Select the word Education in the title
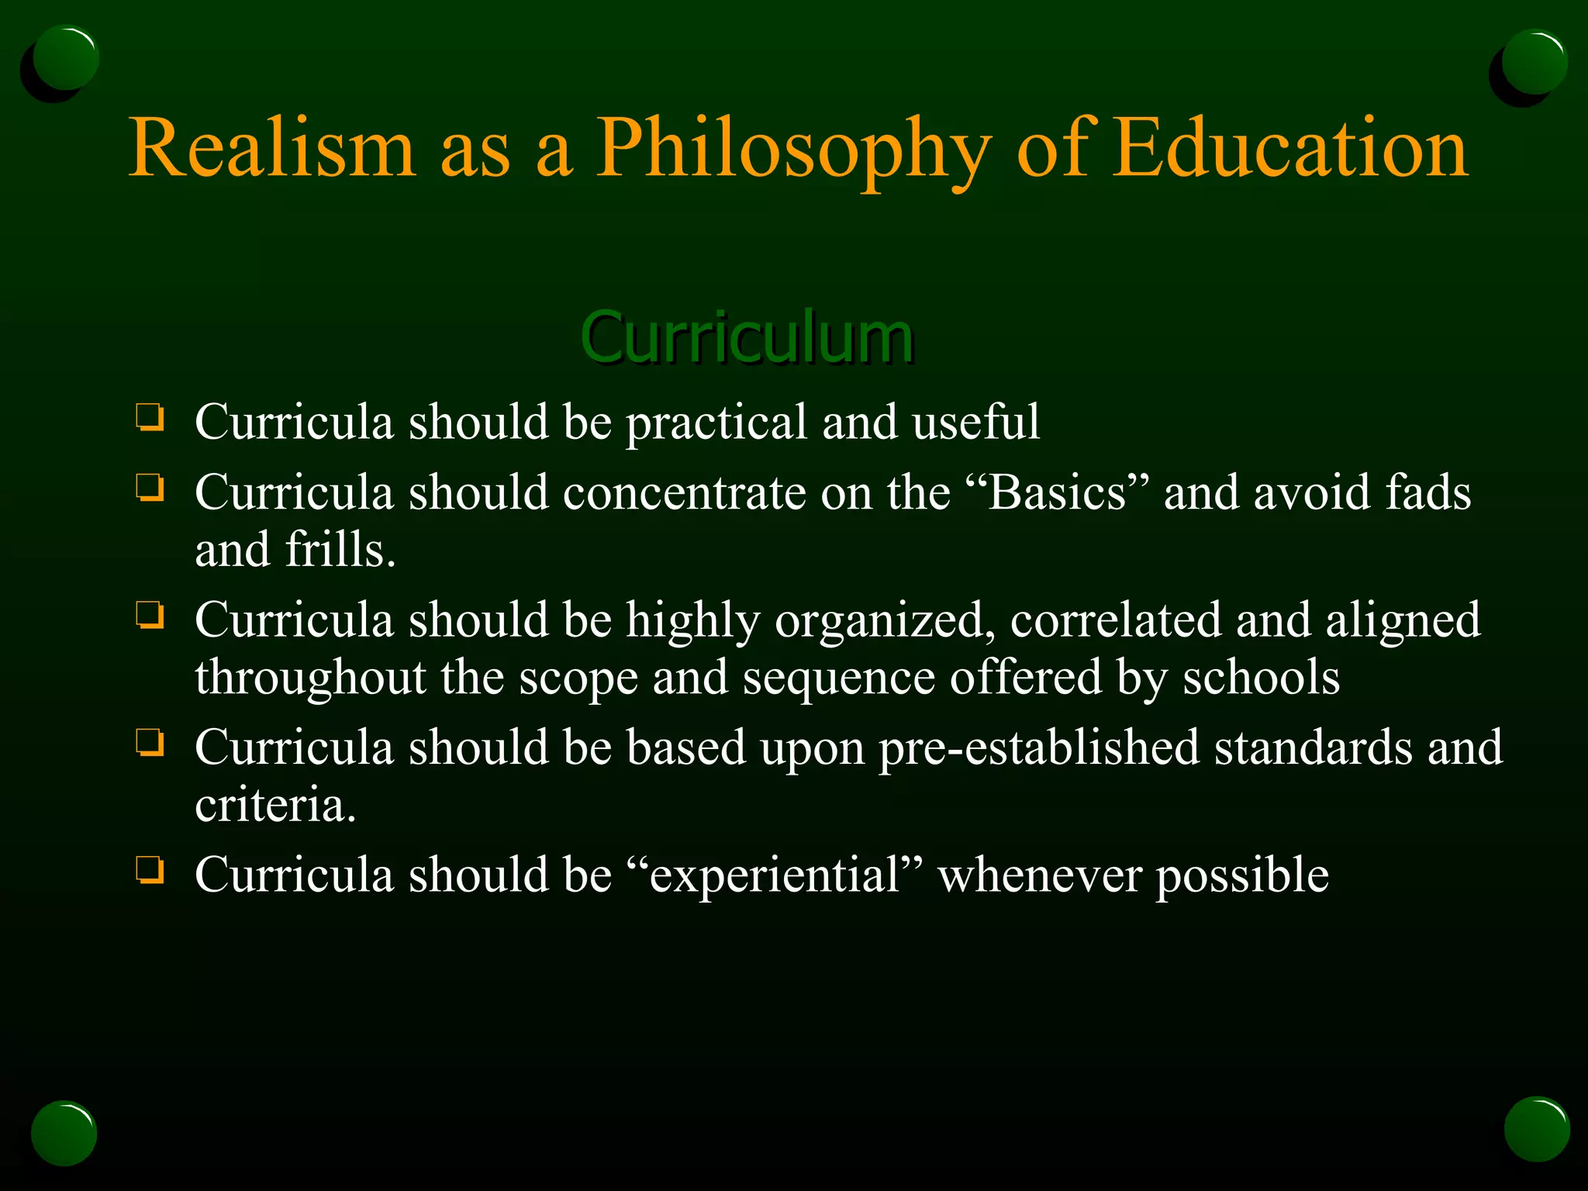coord(1289,147)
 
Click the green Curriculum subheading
coord(747,337)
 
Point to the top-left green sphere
coord(65,59)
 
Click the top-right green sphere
coord(1533,62)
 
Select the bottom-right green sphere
coord(1536,1129)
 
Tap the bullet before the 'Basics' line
coord(150,488)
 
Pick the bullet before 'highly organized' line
coord(150,615)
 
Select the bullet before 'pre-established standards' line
coord(150,742)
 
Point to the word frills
coord(340,550)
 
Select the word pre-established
coord(1038,748)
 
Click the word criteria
coord(274,805)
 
